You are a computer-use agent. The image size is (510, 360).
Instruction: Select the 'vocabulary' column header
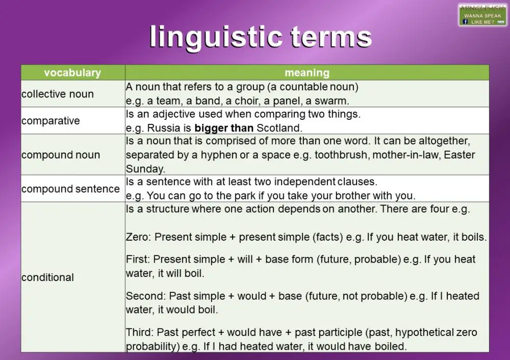(72, 73)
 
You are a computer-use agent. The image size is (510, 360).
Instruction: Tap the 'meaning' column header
(307, 73)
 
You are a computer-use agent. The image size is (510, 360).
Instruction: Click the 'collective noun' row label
(58, 94)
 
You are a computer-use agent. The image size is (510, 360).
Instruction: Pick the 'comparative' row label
(50, 121)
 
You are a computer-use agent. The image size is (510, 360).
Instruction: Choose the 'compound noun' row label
(61, 155)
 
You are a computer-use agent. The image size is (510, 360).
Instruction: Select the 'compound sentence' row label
(70, 189)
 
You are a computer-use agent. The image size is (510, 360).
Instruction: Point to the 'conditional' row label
(47, 277)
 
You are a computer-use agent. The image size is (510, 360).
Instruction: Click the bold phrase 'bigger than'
(224, 127)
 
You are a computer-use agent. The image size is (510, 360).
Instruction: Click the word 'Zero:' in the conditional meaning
(139, 237)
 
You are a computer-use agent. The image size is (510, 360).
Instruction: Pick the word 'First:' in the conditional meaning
(138, 260)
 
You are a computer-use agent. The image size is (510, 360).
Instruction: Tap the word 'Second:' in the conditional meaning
(146, 296)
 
